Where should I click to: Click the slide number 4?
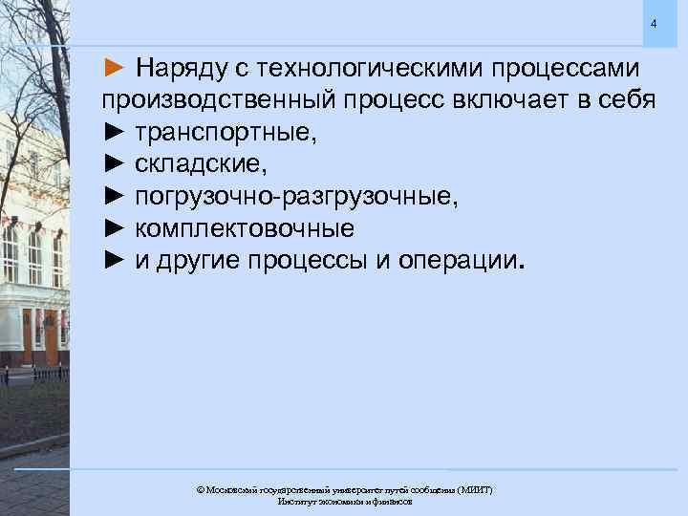click(654, 23)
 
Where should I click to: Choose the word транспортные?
click(226, 133)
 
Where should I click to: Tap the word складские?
click(196, 164)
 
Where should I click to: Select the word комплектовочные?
click(245, 229)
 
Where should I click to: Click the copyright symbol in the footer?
click(201, 489)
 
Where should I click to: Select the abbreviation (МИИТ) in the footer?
click(474, 489)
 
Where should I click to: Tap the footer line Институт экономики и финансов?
click(344, 502)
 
